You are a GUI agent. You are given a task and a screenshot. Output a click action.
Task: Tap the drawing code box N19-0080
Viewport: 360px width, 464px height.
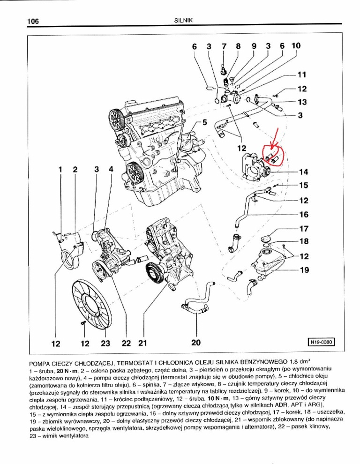(x=321, y=342)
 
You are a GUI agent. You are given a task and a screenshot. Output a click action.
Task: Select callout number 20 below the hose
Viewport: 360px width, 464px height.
(x=196, y=343)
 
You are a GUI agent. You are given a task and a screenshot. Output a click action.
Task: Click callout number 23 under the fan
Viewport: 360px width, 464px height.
(x=105, y=344)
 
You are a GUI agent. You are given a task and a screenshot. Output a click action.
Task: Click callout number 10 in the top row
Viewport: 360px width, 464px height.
(x=296, y=46)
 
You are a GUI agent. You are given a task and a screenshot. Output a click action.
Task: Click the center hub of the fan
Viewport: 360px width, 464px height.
(x=92, y=302)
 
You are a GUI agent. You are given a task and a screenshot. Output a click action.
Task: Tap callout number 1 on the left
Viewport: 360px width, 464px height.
(x=60, y=169)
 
